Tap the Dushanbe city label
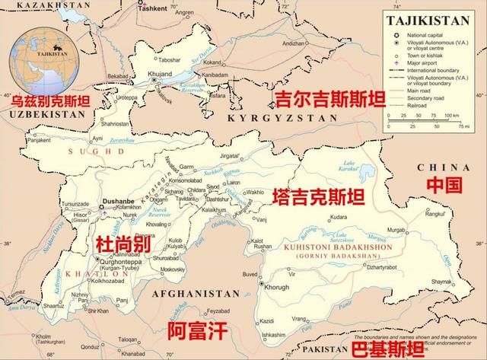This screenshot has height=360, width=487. pos(116,201)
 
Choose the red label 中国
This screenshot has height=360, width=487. pos(444,184)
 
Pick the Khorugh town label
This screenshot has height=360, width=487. pos(276,287)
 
